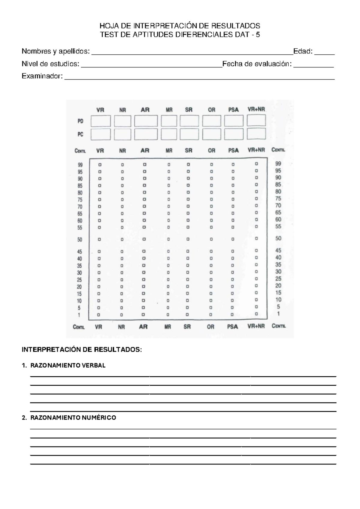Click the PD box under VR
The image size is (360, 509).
coord(100,121)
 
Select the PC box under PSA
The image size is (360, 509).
coord(234,134)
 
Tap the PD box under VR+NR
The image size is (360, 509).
coord(256,120)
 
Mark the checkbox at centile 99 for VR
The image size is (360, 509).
coord(100,165)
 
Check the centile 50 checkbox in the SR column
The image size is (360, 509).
coord(188,239)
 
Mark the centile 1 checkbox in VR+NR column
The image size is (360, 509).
coord(256,314)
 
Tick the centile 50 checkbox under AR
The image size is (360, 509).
coord(144,239)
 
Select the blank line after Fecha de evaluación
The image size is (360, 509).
coord(313,65)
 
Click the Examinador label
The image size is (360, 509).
coord(42,76)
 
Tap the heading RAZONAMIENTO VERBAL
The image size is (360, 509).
coord(68,366)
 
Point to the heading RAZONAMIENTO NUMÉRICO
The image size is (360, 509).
coord(73,418)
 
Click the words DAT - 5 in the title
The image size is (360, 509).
coord(247,35)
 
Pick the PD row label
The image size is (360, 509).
coord(80,121)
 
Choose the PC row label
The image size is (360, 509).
coord(80,134)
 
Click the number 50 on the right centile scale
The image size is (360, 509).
coord(278,238)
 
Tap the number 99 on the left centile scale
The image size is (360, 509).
coord(80,165)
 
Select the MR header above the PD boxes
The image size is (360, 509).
coord(169,110)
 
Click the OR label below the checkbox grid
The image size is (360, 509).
coord(211,327)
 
